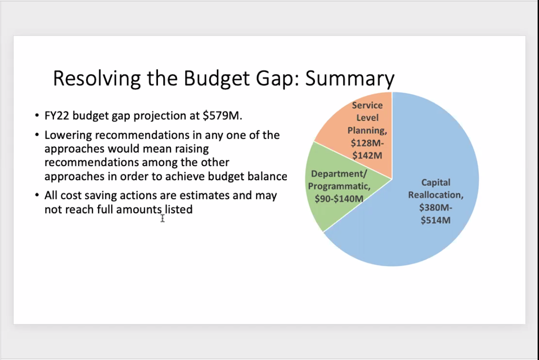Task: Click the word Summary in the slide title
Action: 349,79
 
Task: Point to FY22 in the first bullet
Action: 57,115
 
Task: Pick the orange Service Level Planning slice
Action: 364,131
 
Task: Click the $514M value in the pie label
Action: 435,220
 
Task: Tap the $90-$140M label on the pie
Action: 339,199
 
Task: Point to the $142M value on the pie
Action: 367,155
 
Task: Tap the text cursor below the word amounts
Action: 162,218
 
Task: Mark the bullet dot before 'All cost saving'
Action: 37,195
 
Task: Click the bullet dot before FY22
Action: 37,115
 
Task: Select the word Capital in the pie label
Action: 435,182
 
